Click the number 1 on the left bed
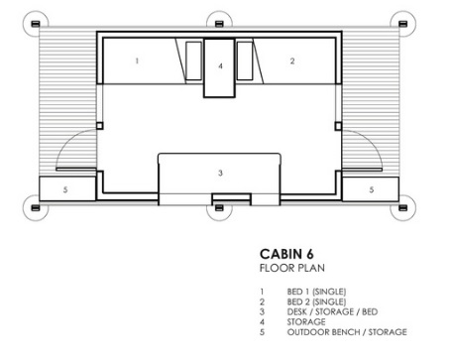pos(137,60)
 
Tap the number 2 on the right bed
pos(292,60)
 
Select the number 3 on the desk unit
pos(220,173)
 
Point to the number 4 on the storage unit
pos(220,66)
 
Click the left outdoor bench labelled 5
pos(67,188)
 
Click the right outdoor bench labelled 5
pos(371,189)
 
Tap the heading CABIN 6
pos(286,254)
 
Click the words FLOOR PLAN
pos(292,268)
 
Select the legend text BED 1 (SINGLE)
pos(316,292)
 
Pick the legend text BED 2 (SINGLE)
pos(316,301)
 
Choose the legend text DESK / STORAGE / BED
pos(332,311)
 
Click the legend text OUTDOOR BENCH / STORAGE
pos(347,332)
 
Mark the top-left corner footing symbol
pos(36,24)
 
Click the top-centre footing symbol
pos(219,24)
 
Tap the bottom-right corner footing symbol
pos(402,207)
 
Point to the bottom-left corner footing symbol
pos(36,207)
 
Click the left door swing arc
pos(67,141)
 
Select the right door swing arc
pos(371,141)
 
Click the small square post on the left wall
pos(99,126)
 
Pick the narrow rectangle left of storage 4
pos(193,60)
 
